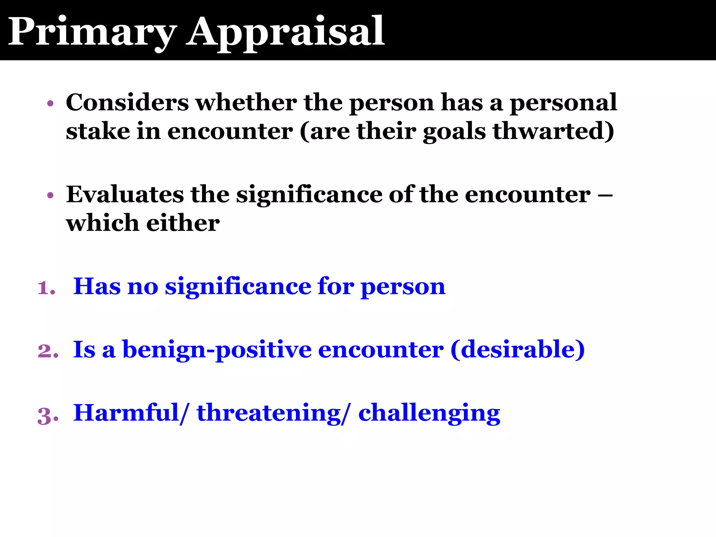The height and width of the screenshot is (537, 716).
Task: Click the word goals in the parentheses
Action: point(454,132)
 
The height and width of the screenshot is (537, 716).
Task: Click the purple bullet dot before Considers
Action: point(50,103)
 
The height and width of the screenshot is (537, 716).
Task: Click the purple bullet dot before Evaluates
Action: point(50,195)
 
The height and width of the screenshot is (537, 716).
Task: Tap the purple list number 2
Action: point(47,351)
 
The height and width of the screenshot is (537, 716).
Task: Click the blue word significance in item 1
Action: point(238,287)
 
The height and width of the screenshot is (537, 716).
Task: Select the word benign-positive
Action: point(217,350)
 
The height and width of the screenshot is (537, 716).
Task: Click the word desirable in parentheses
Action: point(517,349)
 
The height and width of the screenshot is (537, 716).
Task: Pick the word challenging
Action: point(429,413)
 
